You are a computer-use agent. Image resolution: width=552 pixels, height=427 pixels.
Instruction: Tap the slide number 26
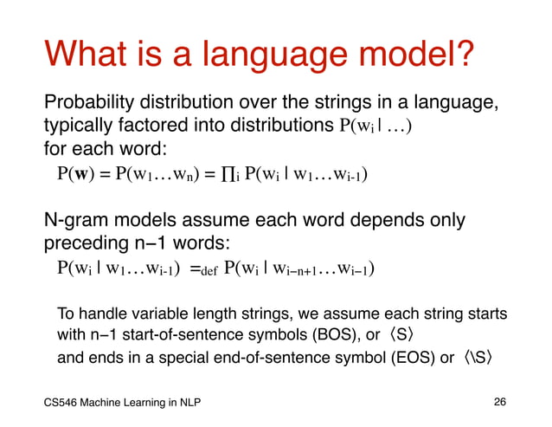[499, 402]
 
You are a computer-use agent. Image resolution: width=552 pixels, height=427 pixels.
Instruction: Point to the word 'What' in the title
[86, 58]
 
